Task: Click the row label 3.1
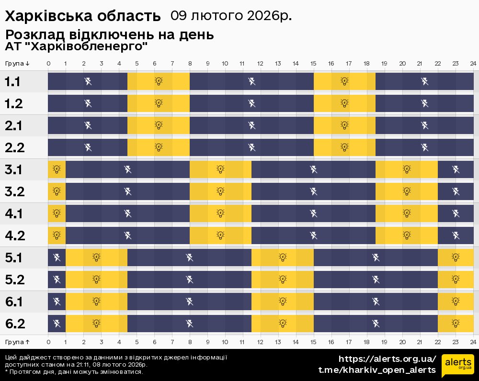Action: coord(13,170)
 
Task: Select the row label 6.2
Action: coord(15,324)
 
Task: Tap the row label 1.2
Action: coord(13,104)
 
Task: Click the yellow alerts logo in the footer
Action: coord(457,365)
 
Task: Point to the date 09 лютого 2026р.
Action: coord(231,16)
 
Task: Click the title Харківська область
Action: coord(83,16)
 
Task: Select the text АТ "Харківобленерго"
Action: coord(76,47)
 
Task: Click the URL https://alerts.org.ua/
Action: coord(388,359)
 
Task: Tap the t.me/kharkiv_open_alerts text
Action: coord(377,370)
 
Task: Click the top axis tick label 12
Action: coord(260,64)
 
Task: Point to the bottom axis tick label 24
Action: coord(473,342)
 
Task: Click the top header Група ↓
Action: coord(18,64)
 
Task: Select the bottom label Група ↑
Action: coord(18,342)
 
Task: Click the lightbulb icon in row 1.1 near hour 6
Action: coord(159,81)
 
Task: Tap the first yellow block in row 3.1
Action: coord(57,169)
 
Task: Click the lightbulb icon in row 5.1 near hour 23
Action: coord(456,257)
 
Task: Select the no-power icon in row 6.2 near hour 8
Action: coord(190,323)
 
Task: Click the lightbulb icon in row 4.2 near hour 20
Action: coord(407,235)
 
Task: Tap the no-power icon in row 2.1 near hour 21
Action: coord(424,125)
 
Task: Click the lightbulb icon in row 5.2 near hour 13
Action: coord(283,279)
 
